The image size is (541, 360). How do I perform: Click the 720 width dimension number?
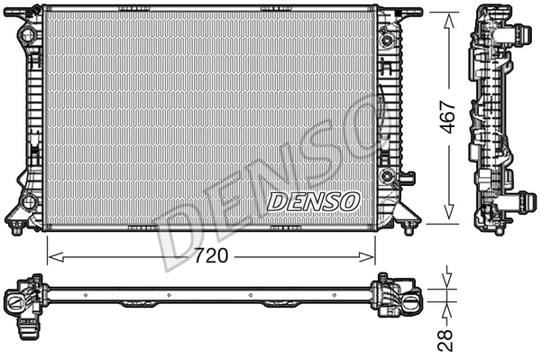click(x=210, y=255)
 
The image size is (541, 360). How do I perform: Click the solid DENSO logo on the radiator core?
click(x=314, y=199)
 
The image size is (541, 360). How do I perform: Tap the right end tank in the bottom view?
click(x=397, y=297)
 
